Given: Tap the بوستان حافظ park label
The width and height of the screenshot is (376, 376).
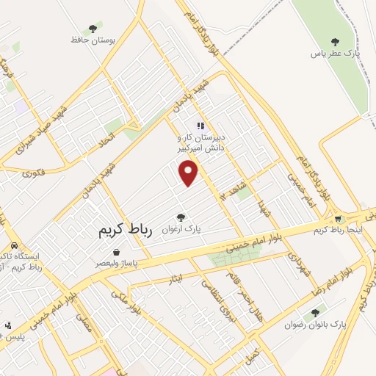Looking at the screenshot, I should [90, 40].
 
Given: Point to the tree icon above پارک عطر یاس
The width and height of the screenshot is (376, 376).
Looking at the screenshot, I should [336, 42].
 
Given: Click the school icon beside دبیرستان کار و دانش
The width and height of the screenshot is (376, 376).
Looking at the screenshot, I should [200, 126].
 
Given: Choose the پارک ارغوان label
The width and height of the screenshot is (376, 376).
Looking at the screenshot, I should [181, 228].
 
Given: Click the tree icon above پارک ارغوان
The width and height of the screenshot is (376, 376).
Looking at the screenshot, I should [181, 217].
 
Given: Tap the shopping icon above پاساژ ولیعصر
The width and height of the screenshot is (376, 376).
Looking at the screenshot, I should [117, 252].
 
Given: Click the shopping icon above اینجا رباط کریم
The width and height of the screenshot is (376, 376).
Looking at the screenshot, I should [338, 220].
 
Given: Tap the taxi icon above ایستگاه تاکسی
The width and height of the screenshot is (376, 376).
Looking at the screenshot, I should [14, 247].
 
